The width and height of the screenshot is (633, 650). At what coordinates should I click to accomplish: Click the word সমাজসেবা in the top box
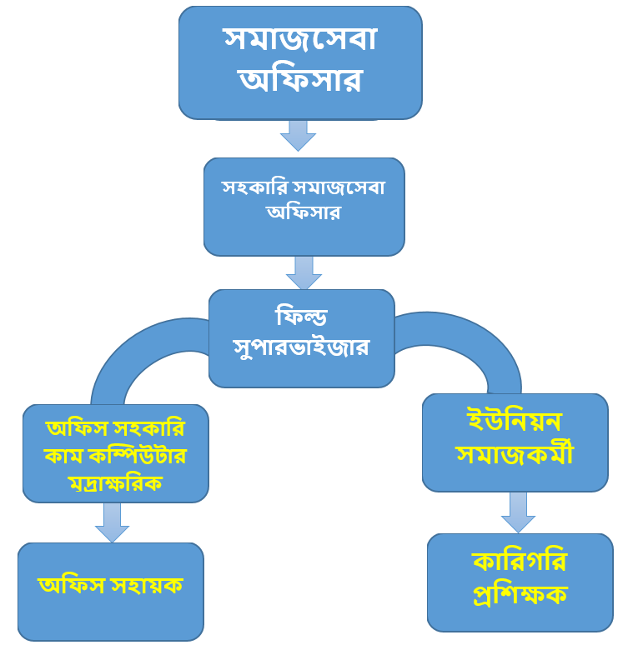(299, 38)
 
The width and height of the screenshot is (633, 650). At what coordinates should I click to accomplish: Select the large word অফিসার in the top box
(299, 80)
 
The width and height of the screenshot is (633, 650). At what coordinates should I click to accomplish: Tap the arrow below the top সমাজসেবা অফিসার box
(298, 135)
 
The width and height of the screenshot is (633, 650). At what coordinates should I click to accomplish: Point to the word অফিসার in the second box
(303, 212)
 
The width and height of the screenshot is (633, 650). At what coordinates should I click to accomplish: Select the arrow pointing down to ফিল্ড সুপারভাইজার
(304, 273)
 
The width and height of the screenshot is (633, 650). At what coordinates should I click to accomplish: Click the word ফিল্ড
(300, 317)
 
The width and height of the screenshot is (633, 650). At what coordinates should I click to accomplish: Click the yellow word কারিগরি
(519, 562)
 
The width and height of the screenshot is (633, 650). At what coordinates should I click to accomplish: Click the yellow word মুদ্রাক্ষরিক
(116, 484)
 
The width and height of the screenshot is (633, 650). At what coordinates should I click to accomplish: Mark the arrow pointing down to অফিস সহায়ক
(113, 522)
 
